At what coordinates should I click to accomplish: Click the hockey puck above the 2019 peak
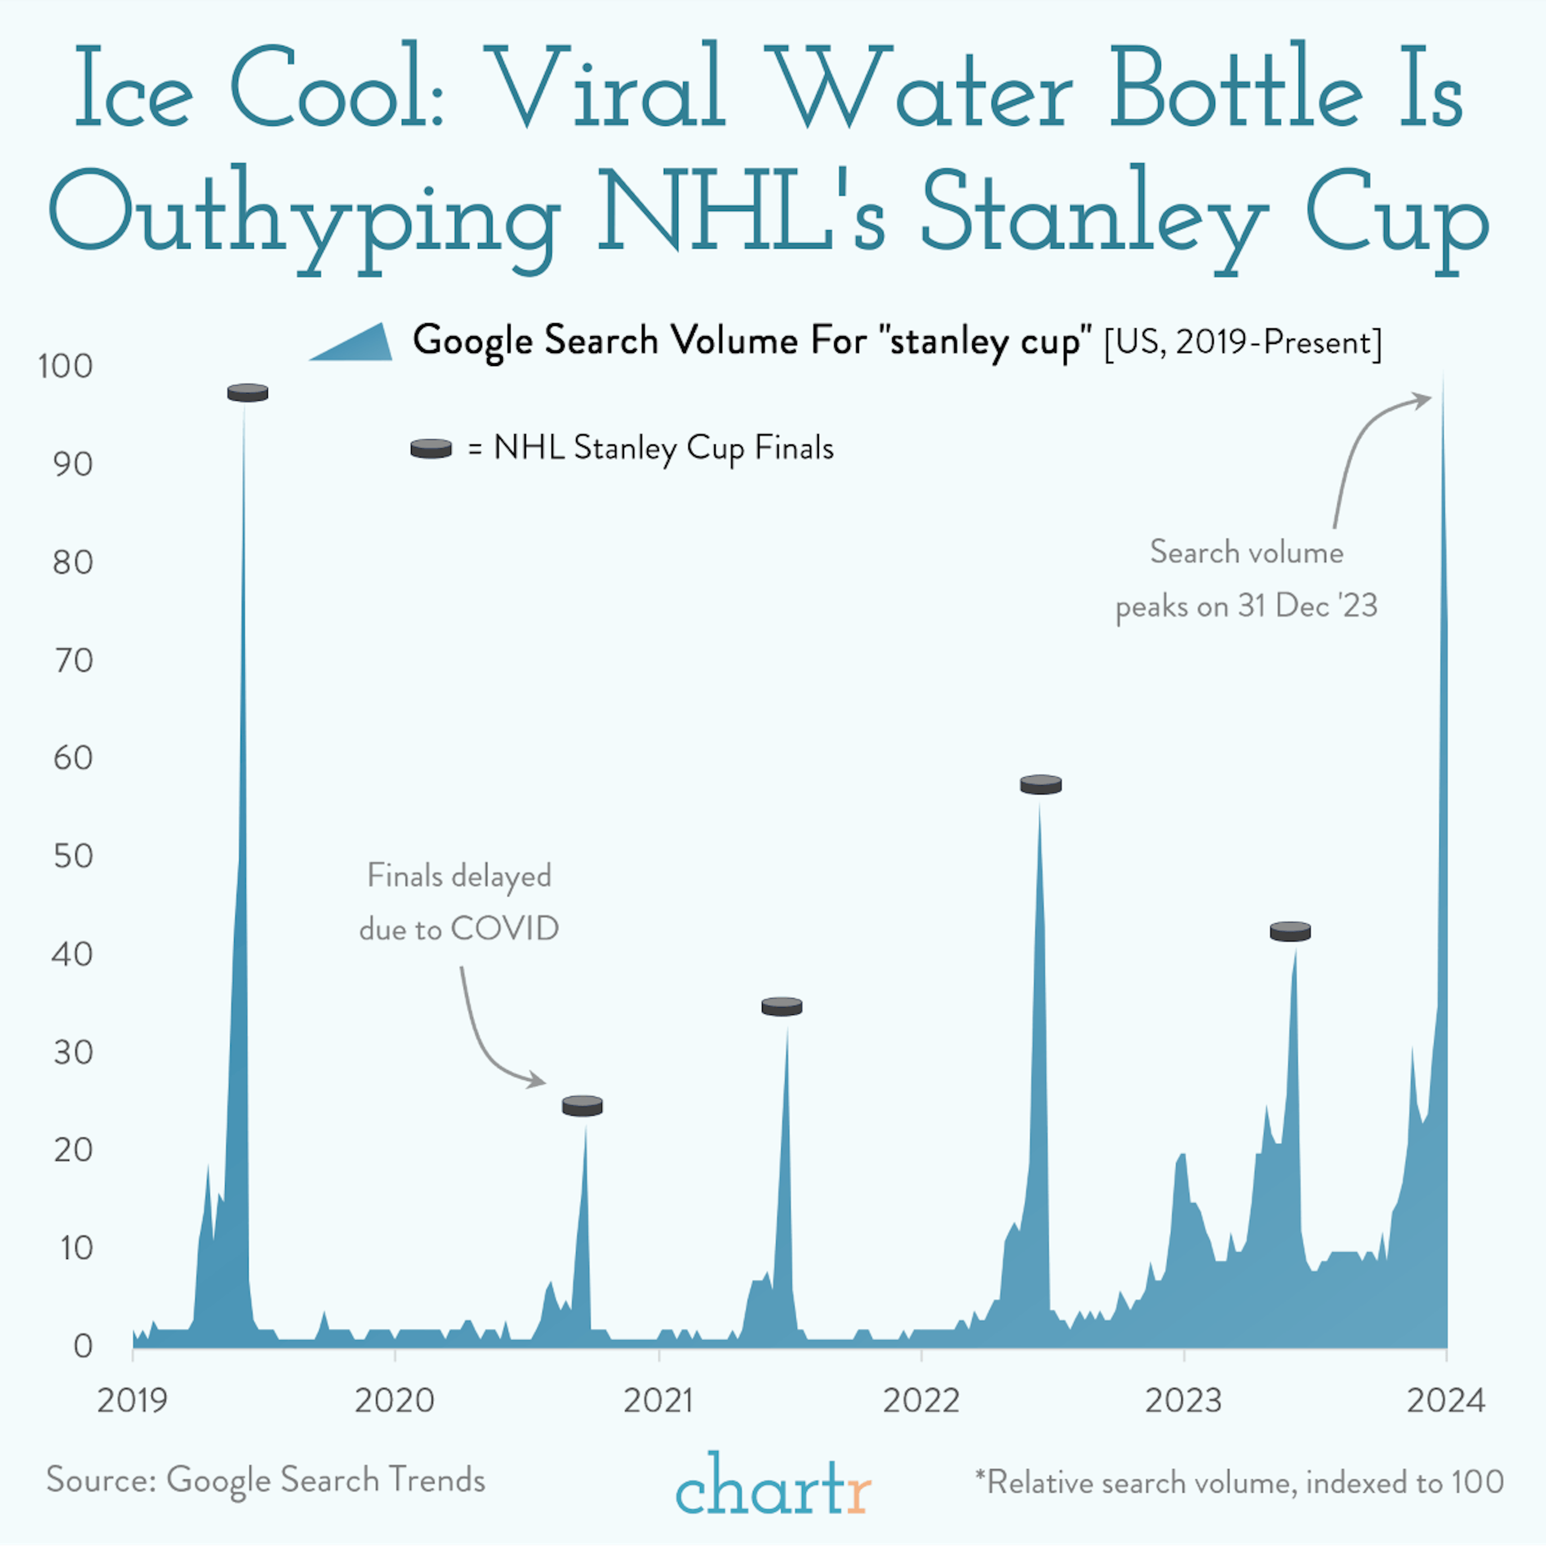click(x=247, y=392)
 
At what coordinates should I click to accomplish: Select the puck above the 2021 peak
click(x=782, y=1007)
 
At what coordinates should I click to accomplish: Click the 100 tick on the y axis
click(x=66, y=366)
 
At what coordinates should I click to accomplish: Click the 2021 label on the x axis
click(x=658, y=1400)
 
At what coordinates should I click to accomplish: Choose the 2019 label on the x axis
click(x=132, y=1400)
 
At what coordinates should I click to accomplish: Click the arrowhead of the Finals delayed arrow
click(x=539, y=1082)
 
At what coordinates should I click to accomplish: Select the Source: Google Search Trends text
click(x=266, y=1480)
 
